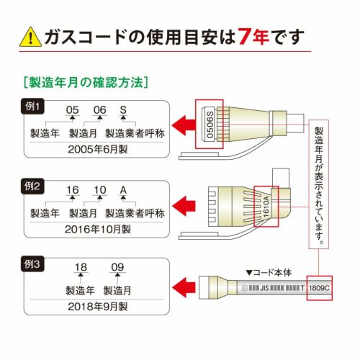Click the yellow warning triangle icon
(30, 37)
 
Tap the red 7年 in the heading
(253, 37)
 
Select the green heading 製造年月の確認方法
(86, 82)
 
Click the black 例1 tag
(32, 106)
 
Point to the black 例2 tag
(32, 186)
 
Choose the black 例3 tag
(32, 264)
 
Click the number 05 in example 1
(72, 110)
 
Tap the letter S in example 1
(123, 110)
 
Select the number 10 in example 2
(100, 190)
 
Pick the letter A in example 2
(123, 190)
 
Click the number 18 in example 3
(81, 267)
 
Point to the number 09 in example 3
(117, 267)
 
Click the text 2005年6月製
(98, 150)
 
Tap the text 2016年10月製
(98, 230)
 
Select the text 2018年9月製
(98, 307)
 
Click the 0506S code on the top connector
(210, 125)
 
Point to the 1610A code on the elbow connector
(266, 207)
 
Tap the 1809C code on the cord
(320, 288)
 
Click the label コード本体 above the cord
(269, 273)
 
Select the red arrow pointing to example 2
(184, 206)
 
